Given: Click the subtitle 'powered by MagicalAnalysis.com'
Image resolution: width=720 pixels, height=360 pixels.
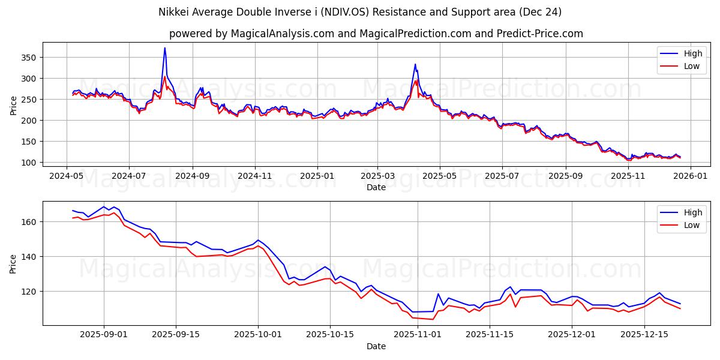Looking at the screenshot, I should click(x=376, y=34).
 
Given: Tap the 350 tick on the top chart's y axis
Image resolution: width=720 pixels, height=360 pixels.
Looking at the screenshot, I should click(x=29, y=58).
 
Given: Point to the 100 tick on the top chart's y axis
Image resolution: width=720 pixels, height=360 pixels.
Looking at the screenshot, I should click(x=29, y=163).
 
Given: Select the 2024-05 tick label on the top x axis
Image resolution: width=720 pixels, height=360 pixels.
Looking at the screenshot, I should click(x=66, y=176).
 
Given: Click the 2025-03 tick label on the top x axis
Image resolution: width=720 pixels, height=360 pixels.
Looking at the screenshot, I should click(x=377, y=176).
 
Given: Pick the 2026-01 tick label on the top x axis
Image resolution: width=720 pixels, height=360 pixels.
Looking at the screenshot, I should click(x=689, y=176).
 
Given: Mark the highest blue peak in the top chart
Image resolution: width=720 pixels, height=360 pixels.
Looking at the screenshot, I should click(x=165, y=48).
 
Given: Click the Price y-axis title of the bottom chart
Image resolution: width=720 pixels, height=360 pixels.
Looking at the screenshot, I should click(x=13, y=263).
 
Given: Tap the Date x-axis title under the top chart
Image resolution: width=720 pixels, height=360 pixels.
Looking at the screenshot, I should click(x=376, y=188).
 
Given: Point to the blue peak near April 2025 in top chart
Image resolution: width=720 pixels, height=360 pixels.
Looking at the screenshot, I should click(x=415, y=64).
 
